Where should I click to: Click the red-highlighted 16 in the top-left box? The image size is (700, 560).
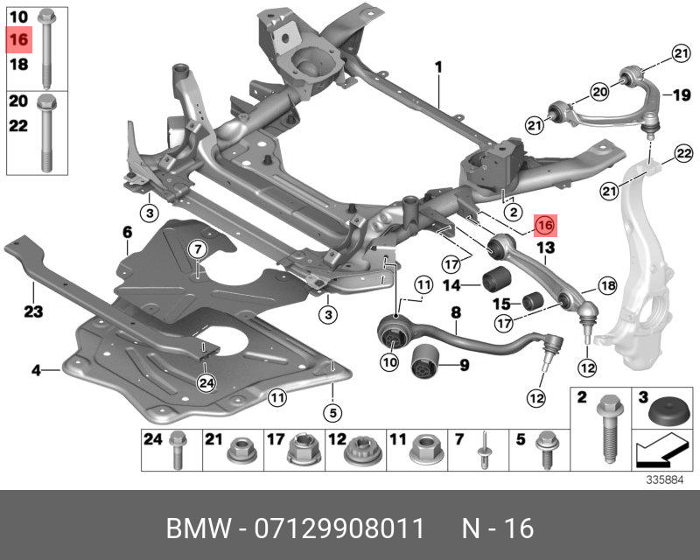[19, 39]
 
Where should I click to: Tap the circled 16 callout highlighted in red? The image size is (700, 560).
[545, 226]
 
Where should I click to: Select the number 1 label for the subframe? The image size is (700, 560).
[438, 67]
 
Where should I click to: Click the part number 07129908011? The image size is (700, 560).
[339, 528]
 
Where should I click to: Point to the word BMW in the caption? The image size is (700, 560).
[198, 528]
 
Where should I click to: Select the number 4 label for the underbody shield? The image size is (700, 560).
[37, 371]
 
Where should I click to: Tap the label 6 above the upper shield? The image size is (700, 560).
[127, 233]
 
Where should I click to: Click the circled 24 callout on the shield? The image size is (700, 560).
[206, 381]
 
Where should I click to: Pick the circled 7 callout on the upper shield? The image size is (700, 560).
[198, 249]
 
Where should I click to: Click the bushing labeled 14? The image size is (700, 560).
[496, 282]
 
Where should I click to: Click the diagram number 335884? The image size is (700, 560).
[665, 479]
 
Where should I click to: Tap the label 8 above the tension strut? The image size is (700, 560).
[455, 311]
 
